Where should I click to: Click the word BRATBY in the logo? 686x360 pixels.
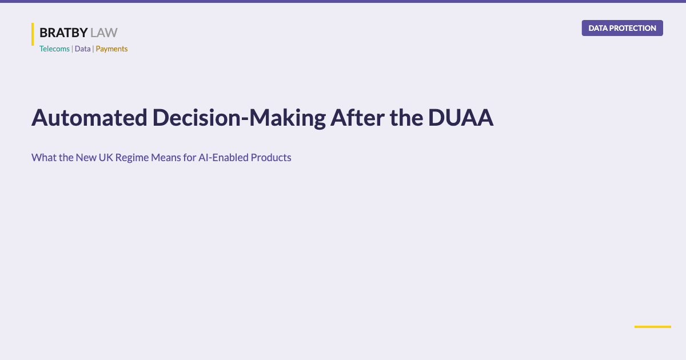[63, 33]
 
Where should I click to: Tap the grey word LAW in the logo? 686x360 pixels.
[104, 33]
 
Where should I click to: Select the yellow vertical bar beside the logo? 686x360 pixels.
[33, 34]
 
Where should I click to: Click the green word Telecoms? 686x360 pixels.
[54, 49]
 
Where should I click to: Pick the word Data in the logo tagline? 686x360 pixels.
[82, 49]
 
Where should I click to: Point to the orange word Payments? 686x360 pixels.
[111, 49]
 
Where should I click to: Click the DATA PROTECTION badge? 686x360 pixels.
[622, 28]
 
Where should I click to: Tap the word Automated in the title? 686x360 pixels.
[89, 118]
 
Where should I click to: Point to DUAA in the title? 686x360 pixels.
[460, 118]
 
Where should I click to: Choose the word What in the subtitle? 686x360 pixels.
[43, 158]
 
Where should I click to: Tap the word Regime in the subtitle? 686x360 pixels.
[132, 158]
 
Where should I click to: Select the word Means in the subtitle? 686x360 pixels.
[168, 158]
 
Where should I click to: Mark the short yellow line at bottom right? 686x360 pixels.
[652, 327]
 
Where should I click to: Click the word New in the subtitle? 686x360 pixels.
[86, 158]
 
